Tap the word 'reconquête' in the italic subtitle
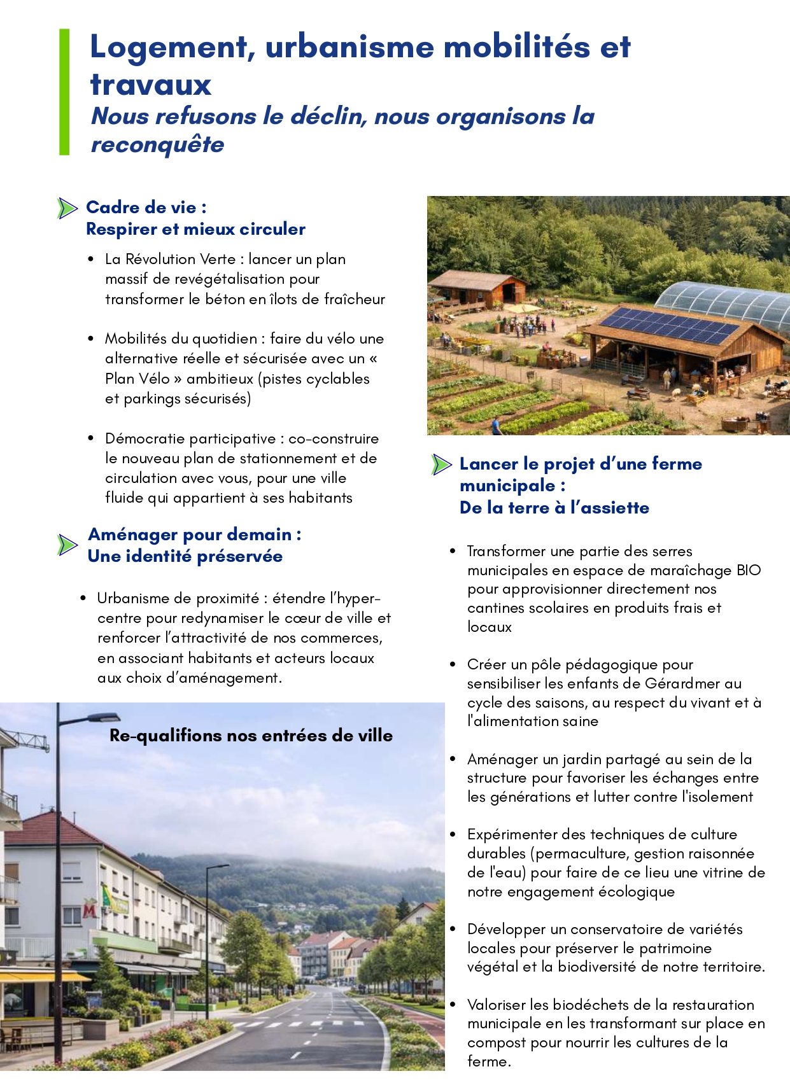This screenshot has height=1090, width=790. tap(158, 144)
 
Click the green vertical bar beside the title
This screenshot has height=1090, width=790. tap(64, 92)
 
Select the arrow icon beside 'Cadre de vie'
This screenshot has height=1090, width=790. tap(67, 208)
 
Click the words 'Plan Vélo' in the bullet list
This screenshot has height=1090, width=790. tap(138, 379)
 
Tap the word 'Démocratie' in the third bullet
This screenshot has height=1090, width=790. tap(145, 438)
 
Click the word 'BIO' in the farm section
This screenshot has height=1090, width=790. tap(749, 570)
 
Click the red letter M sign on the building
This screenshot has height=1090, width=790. tap(90, 912)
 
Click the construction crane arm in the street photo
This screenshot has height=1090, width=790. tap(25, 738)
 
